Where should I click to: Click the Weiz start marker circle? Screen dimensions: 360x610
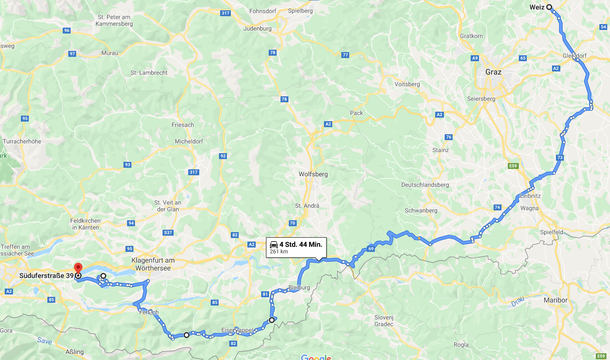pyautogui.click(x=549, y=7)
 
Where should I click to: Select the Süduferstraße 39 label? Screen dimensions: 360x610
pyautogui.click(x=47, y=276)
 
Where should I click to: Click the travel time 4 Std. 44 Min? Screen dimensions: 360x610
pyautogui.click(x=301, y=244)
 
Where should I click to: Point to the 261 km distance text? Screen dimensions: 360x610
pyautogui.click(x=279, y=251)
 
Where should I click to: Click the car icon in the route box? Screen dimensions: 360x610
pyautogui.click(x=273, y=244)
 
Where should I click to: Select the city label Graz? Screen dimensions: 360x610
pyautogui.click(x=493, y=72)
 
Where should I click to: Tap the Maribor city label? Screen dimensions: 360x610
pyautogui.click(x=555, y=300)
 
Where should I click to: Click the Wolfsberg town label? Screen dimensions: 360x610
pyautogui.click(x=313, y=174)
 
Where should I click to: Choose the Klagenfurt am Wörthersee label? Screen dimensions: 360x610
pyautogui.click(x=153, y=264)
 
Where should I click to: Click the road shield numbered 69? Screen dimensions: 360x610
pyautogui.click(x=371, y=249)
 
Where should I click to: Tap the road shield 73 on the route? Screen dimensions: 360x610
pyautogui.click(x=560, y=157)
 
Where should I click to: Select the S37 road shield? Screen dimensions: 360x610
pyautogui.click(x=168, y=232)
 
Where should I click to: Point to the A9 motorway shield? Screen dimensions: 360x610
pyautogui.click(x=475, y=58)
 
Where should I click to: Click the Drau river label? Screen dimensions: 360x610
pyautogui.click(x=517, y=302)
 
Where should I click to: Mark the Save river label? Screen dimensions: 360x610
pyautogui.click(x=45, y=340)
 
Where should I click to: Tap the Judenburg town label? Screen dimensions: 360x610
pyautogui.click(x=257, y=28)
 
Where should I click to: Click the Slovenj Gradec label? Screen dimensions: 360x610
pyautogui.click(x=384, y=321)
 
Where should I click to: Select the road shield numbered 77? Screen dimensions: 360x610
pyautogui.click(x=345, y=55)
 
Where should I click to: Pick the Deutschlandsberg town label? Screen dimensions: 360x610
pyautogui.click(x=425, y=185)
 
